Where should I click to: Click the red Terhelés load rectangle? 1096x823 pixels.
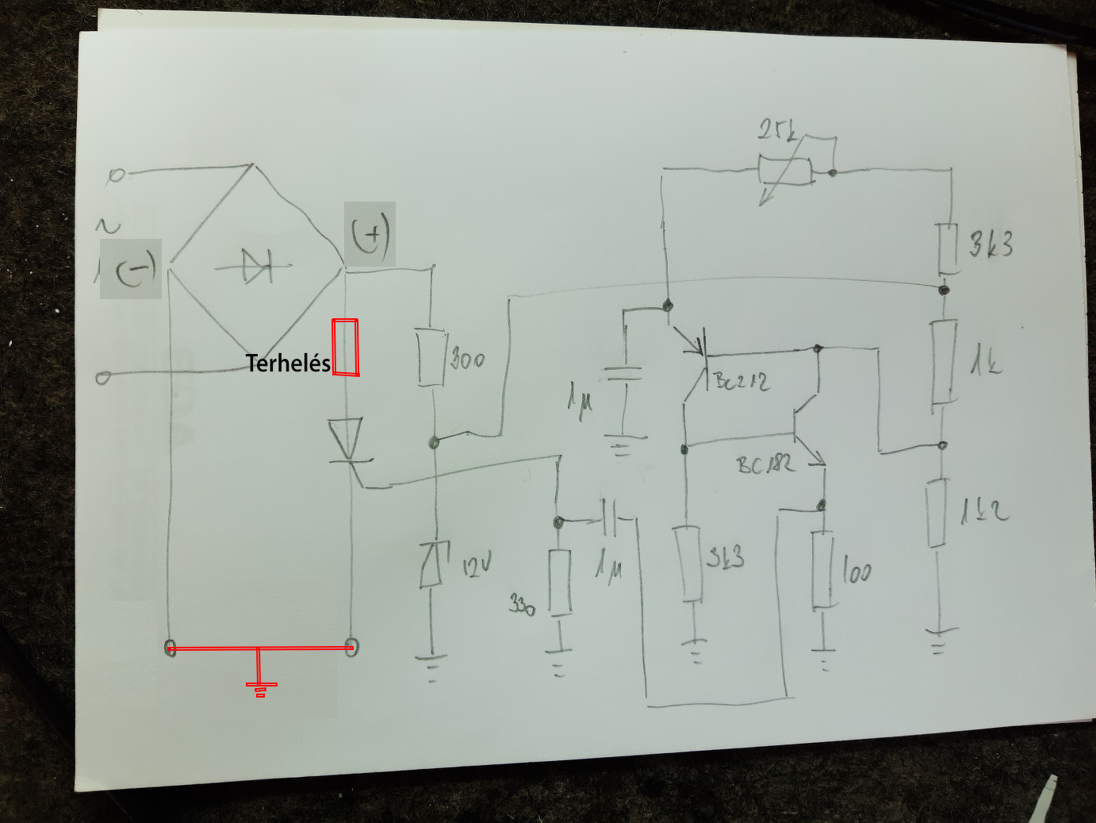(345, 347)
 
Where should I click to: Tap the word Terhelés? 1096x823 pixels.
(288, 363)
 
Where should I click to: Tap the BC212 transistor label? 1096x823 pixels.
(742, 382)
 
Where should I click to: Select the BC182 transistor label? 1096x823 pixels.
(765, 463)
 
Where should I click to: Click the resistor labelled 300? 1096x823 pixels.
(431, 357)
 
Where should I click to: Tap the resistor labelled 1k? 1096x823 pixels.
(943, 361)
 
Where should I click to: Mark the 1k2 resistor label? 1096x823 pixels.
(985, 510)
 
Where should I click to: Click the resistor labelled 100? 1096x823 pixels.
(824, 570)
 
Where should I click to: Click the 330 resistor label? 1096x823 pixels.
(522, 606)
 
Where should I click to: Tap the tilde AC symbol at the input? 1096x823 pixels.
(109, 226)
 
